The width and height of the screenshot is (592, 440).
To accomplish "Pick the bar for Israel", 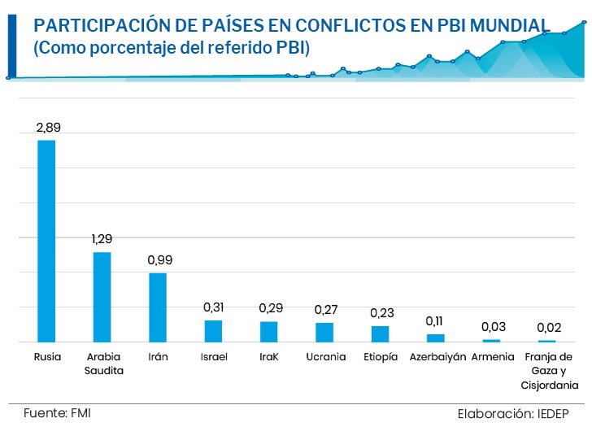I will [x=213, y=331].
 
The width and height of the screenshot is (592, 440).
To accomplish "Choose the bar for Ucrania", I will [x=324, y=333].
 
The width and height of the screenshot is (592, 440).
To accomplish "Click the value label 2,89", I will [x=48, y=128].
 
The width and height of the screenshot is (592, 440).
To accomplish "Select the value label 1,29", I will [x=102, y=239].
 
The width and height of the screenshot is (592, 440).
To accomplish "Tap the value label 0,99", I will [x=159, y=260].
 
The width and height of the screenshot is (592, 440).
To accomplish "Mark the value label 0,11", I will [x=434, y=321].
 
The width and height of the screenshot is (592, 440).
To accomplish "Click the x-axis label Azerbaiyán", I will [x=437, y=357].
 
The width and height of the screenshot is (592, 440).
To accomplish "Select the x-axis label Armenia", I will [x=493, y=357].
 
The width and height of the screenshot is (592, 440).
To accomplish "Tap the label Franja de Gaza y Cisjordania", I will [x=549, y=371].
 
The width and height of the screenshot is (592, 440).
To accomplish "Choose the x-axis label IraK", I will [x=268, y=357].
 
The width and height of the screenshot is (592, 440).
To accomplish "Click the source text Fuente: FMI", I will [x=57, y=413].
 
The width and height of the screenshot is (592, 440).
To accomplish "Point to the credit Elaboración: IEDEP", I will [x=513, y=414].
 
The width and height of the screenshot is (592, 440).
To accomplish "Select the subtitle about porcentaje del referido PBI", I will [x=172, y=48].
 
